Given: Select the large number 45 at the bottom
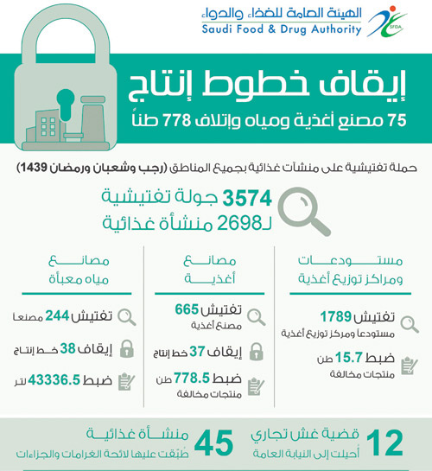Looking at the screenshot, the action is [x=213, y=442].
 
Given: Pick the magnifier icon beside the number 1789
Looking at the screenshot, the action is [x=410, y=321].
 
